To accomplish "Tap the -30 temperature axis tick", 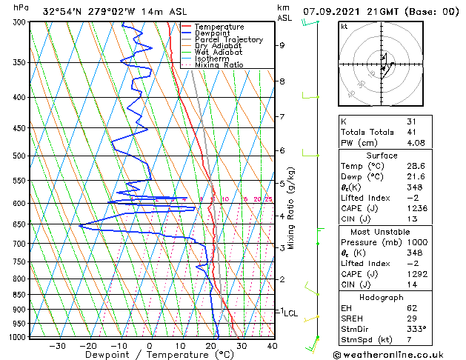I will tap(56, 346).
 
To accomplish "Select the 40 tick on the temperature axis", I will tap(272, 346).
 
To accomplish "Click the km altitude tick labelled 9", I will tap(282, 45).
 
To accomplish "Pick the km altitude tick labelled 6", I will tap(282, 150).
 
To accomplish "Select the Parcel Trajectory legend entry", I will tap(228, 40).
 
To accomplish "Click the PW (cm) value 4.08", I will tap(416, 143).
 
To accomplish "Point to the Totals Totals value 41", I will tap(411, 132).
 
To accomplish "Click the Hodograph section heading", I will tap(382, 297).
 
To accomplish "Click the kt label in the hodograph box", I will tap(344, 27).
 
